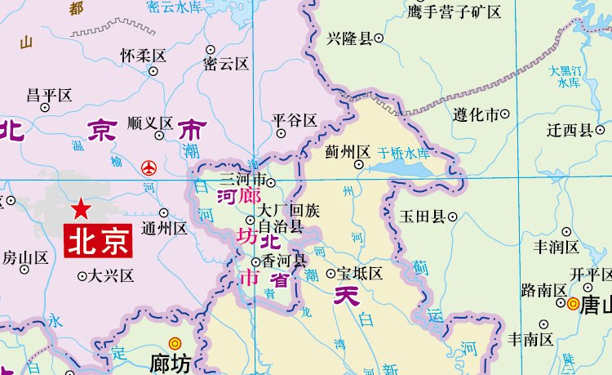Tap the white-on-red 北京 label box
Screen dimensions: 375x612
[98, 241]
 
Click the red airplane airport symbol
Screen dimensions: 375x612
[149, 167]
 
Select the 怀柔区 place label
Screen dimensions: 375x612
[143, 56]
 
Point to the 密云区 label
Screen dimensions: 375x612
[226, 63]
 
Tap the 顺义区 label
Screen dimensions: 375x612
[151, 123]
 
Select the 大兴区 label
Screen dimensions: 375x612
[111, 275]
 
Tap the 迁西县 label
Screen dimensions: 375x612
[570, 130]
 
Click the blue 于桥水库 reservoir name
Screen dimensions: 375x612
[404, 153]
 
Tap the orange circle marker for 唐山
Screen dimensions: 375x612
[573, 304]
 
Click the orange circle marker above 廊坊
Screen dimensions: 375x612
[174, 343]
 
